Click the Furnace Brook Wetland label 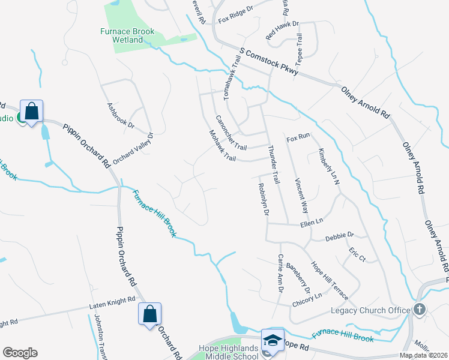pos(127,35)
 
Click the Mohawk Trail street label pos(221,146)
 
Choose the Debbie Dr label pos(340,236)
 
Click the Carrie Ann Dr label pos(280,273)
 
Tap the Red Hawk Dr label pos(281,30)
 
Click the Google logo pos(20,353)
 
